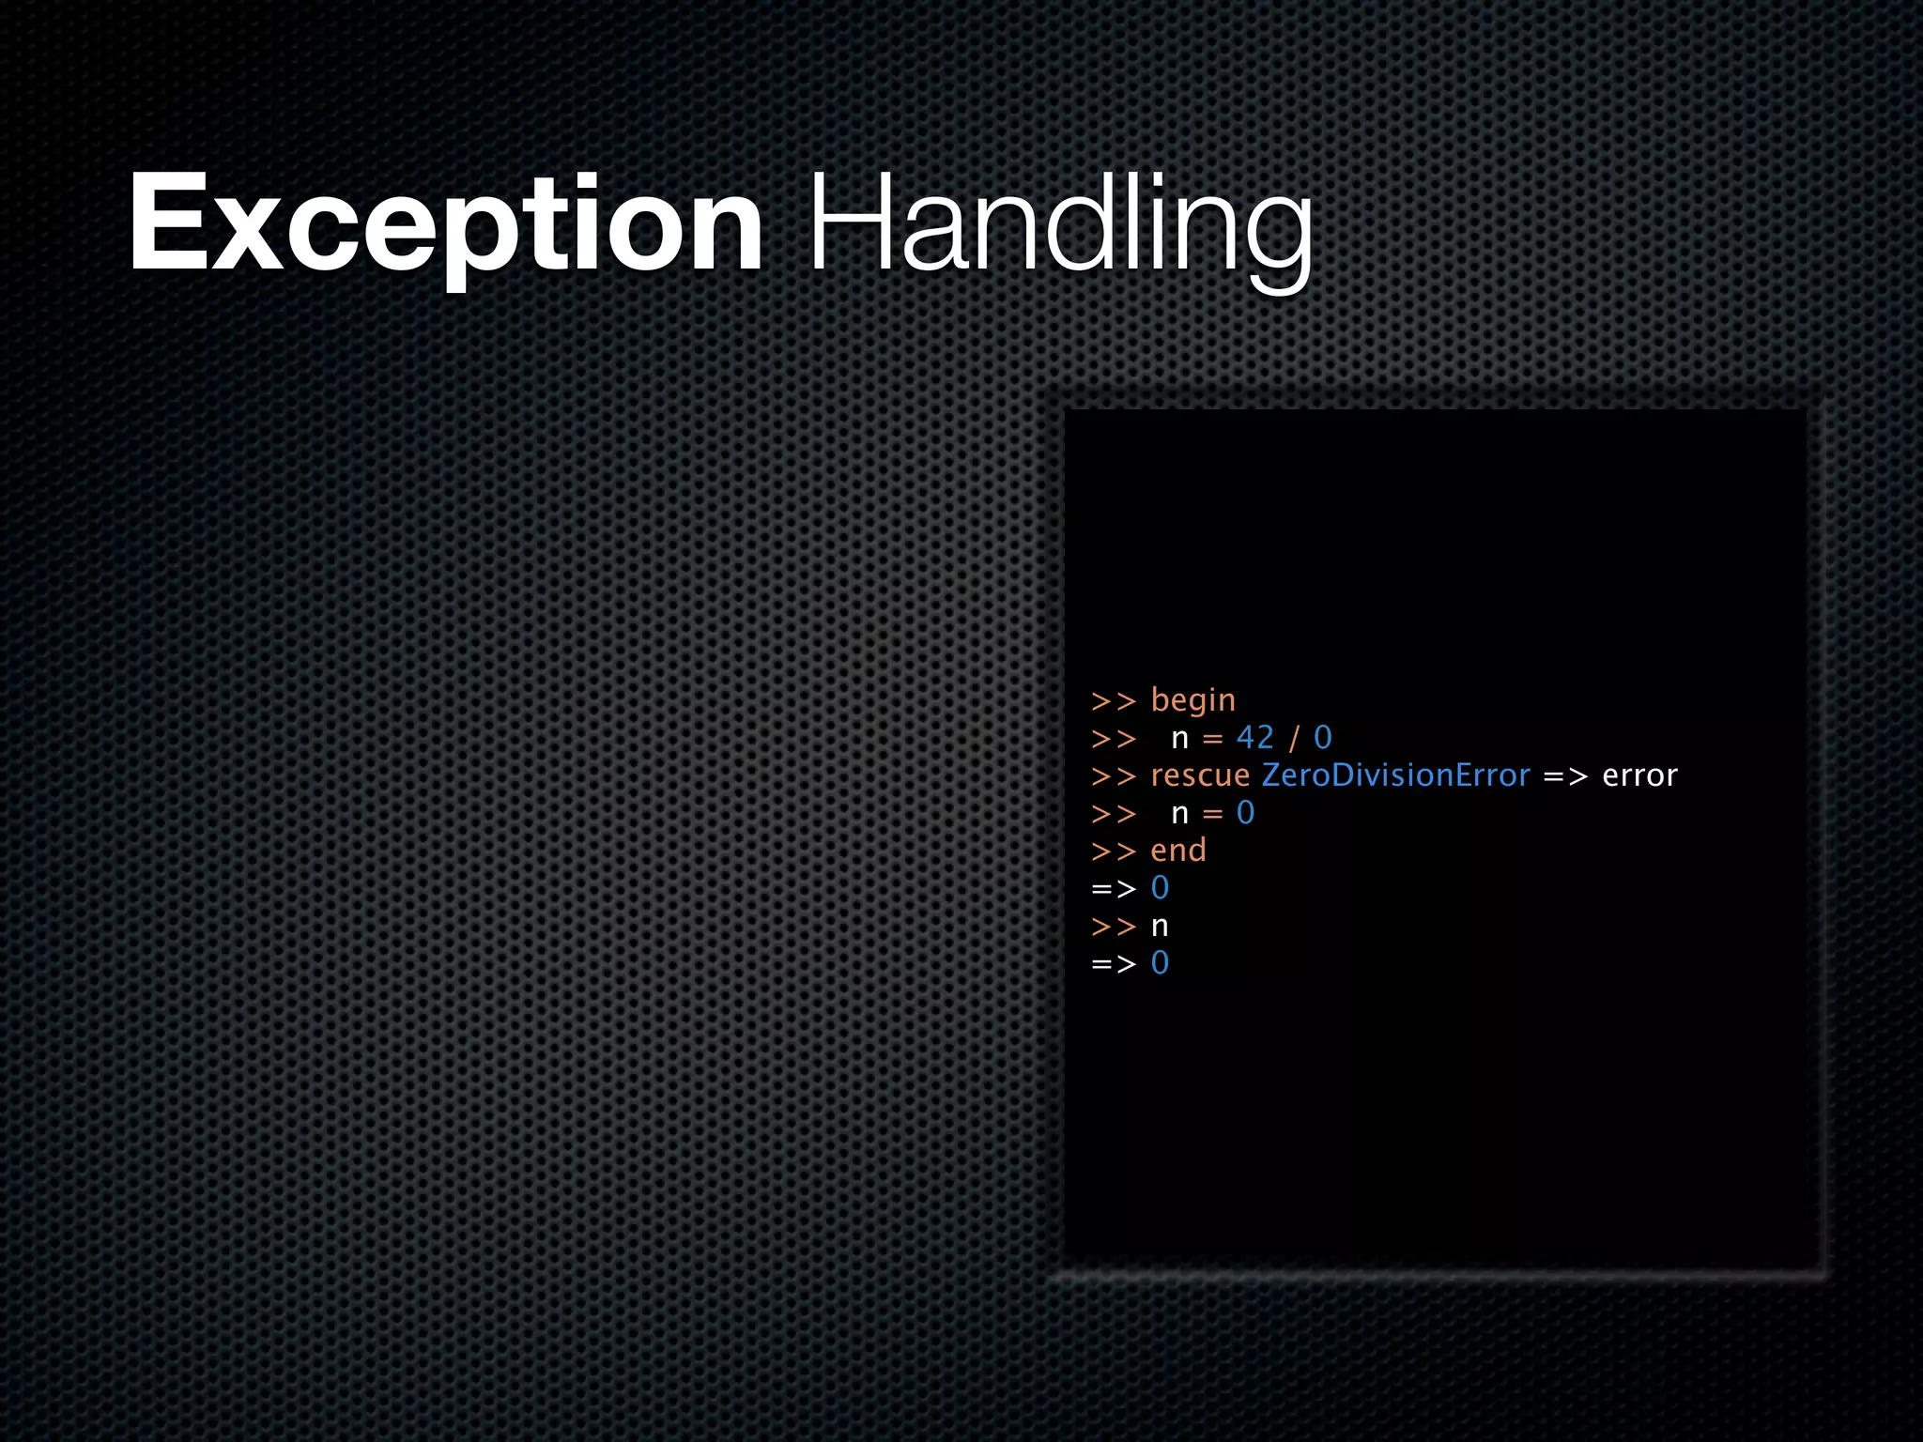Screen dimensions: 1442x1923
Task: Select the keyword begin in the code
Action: click(x=1192, y=701)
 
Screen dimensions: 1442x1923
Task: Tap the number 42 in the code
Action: click(x=1255, y=738)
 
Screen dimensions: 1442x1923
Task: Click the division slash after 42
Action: click(x=1294, y=738)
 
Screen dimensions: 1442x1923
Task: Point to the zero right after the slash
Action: click(x=1322, y=738)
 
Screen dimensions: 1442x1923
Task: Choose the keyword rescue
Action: click(x=1200, y=775)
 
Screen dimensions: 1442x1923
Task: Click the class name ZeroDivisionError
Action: click(x=1395, y=775)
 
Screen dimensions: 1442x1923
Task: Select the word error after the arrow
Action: click(x=1639, y=775)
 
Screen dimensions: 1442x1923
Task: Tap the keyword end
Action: click(x=1178, y=851)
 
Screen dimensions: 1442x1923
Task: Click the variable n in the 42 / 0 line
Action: click(x=1180, y=739)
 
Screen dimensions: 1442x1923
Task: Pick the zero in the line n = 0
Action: click(x=1245, y=813)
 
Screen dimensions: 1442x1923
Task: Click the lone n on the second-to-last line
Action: click(x=1161, y=927)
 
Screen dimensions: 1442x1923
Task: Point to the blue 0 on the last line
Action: click(x=1161, y=963)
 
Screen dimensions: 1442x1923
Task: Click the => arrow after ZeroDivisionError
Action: click(x=1565, y=776)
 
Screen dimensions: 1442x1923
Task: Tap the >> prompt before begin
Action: click(x=1114, y=701)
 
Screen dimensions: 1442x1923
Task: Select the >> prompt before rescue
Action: click(x=1114, y=776)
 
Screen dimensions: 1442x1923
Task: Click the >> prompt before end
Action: click(x=1114, y=851)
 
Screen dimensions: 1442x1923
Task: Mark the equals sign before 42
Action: click(x=1212, y=739)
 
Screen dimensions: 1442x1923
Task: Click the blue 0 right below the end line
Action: click(x=1161, y=888)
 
